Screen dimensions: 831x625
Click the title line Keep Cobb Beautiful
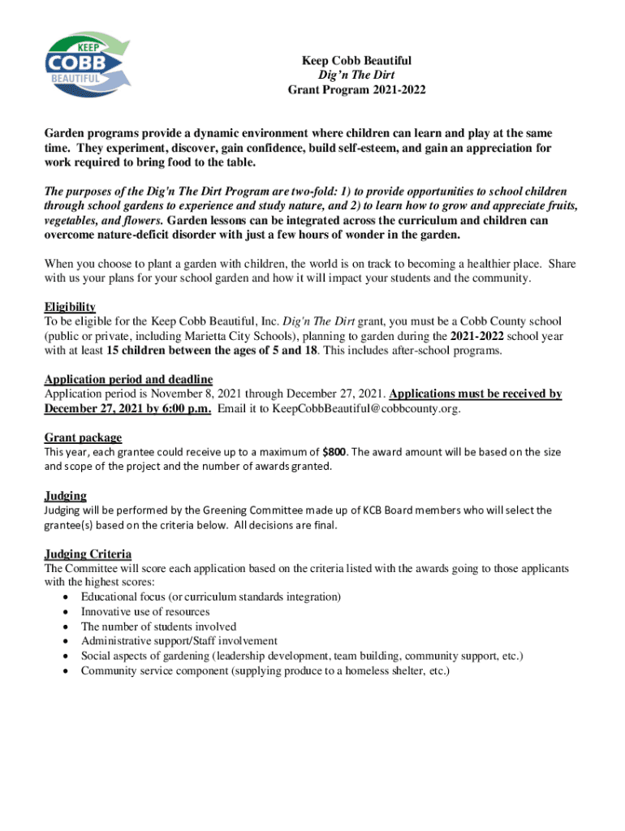point(356,61)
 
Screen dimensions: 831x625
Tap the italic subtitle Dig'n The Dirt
point(356,75)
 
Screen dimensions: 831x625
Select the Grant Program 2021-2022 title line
point(356,90)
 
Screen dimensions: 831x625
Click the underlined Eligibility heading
point(70,307)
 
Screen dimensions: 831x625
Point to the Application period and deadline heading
point(128,379)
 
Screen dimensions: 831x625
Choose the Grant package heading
point(83,437)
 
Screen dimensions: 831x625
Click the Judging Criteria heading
point(88,554)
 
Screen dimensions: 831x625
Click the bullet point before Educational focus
point(64,597)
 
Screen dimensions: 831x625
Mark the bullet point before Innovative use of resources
point(64,612)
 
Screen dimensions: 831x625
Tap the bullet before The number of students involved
point(64,627)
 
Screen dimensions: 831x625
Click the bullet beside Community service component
point(64,671)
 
